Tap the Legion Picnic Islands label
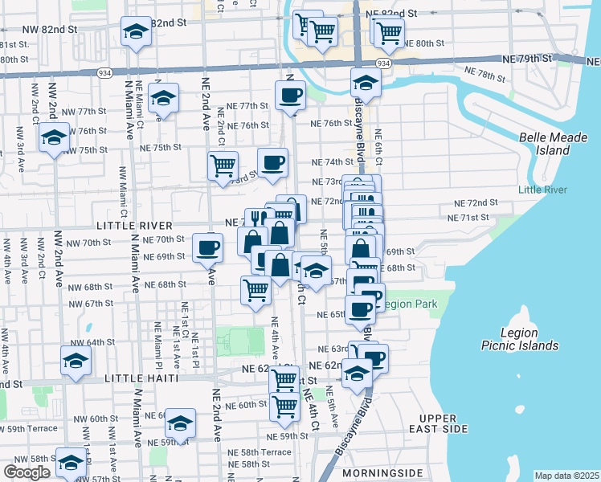(529, 339)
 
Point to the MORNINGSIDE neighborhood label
(380, 473)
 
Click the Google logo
(27, 472)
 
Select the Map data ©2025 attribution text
(566, 476)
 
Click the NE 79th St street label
(526, 59)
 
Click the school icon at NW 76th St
(54, 137)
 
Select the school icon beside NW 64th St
(76, 361)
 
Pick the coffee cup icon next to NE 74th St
(272, 162)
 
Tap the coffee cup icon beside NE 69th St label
(208, 247)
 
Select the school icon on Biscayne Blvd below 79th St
(366, 83)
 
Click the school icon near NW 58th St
(71, 462)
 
